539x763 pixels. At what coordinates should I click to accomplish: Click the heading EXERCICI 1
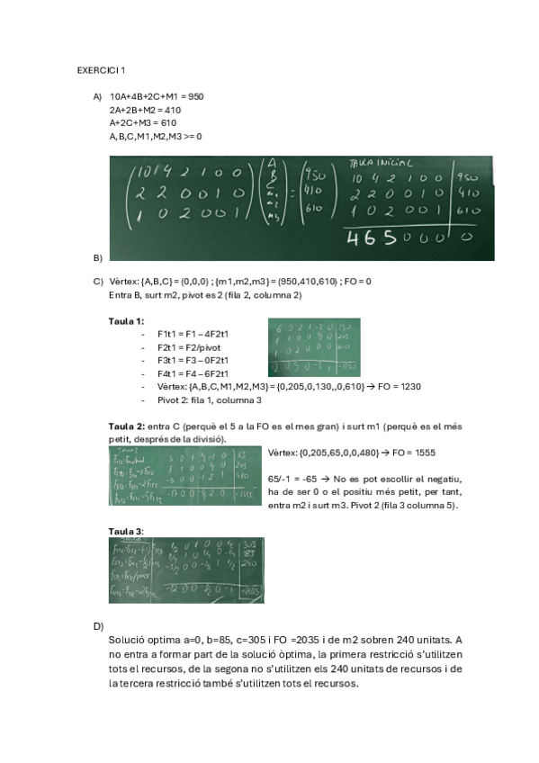coord(101,70)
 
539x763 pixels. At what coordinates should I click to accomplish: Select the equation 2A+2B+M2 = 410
coord(145,110)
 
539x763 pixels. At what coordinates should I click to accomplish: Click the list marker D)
coord(98,625)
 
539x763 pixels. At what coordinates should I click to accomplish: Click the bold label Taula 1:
coord(126,321)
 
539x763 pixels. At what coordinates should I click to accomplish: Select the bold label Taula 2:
coord(126,426)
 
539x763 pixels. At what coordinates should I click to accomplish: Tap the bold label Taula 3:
coord(126,531)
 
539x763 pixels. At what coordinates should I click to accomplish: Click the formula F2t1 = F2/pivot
coord(187,346)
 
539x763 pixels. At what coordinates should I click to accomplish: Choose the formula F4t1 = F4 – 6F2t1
coord(193,373)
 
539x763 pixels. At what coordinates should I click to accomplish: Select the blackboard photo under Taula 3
coord(185,570)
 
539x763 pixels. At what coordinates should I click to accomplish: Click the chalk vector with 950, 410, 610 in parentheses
coord(315,193)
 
